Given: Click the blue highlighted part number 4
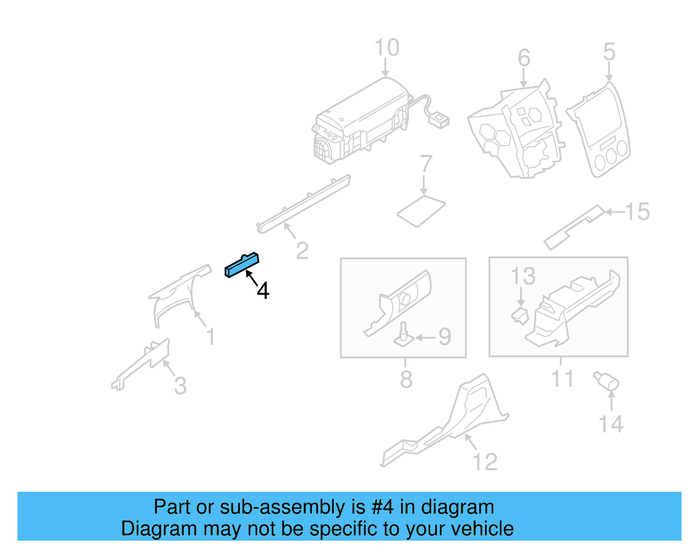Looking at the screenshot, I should pyautogui.click(x=242, y=265).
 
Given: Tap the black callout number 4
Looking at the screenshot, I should pyautogui.click(x=263, y=291).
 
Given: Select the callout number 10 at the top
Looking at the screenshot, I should pyautogui.click(x=387, y=48).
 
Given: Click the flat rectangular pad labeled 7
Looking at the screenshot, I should pyautogui.click(x=421, y=211).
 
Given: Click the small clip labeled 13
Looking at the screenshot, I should pyautogui.click(x=520, y=316).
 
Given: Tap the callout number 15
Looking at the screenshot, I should pyautogui.click(x=637, y=212).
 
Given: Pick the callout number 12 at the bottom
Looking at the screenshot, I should pyautogui.click(x=485, y=462).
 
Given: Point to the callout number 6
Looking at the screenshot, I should pyautogui.click(x=524, y=58).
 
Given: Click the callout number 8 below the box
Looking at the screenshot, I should pyautogui.click(x=406, y=379).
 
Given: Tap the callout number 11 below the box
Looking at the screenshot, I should pyautogui.click(x=562, y=378).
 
